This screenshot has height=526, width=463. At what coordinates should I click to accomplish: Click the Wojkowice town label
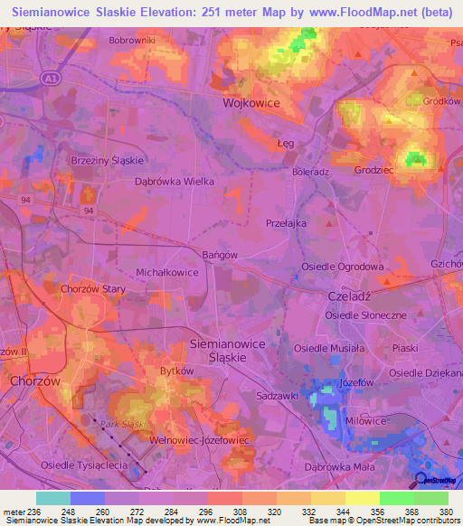click(251, 104)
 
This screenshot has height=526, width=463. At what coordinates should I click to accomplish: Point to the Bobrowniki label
click(132, 41)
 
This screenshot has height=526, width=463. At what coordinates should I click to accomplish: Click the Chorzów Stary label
click(92, 289)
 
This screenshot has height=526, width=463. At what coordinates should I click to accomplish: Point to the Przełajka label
click(287, 222)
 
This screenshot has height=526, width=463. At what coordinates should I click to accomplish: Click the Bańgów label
click(220, 255)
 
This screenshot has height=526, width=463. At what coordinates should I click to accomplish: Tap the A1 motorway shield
click(53, 80)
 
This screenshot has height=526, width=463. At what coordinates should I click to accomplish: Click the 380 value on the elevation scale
click(446, 512)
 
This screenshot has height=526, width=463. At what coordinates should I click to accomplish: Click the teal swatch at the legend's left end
click(53, 498)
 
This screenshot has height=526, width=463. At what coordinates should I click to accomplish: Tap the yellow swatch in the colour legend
click(362, 498)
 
